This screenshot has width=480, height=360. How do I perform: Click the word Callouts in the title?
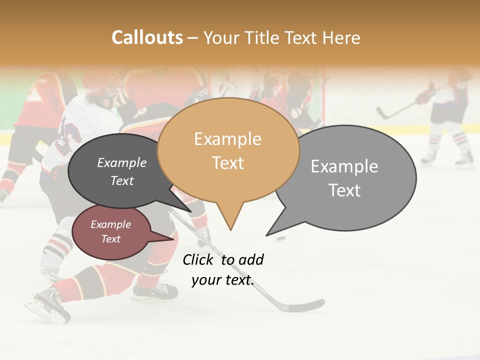pos(147,37)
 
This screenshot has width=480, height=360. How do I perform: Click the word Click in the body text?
pos(199,259)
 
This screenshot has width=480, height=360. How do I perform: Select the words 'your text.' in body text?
pos(222,280)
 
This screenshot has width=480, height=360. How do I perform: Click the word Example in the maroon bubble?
pos(110,224)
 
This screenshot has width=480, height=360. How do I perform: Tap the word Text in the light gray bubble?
pos(344,190)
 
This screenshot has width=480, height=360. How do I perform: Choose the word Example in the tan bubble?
pos(227,139)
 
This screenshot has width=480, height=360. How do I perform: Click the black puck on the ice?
pos(281,238)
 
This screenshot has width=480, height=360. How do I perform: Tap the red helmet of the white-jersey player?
pos(100,80)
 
